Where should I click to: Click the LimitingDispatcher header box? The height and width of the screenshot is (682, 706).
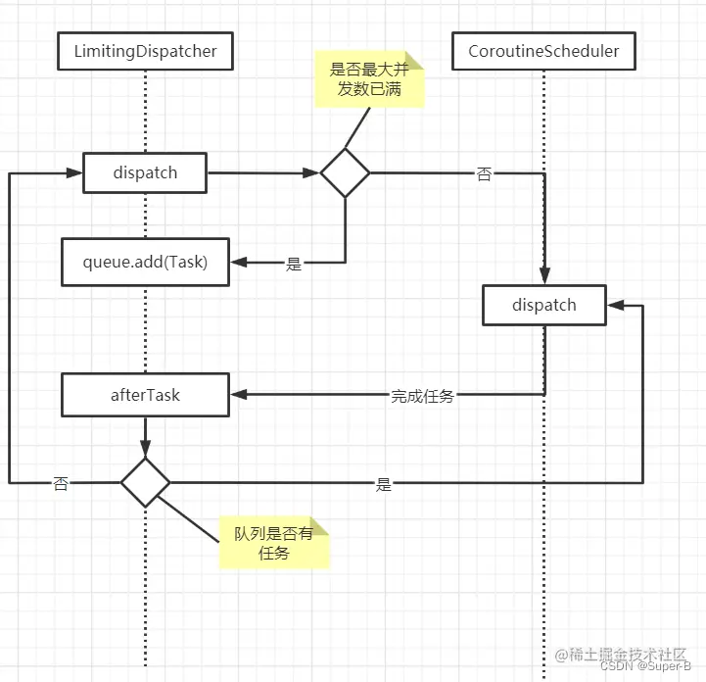point(145,52)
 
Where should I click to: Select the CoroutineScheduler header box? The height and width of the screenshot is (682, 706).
point(543,52)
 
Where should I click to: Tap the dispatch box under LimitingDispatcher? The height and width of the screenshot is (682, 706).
point(144,173)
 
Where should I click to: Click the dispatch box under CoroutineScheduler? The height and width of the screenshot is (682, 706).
point(543,305)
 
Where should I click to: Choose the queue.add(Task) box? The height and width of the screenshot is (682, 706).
point(145,262)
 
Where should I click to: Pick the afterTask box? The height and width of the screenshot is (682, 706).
point(145,395)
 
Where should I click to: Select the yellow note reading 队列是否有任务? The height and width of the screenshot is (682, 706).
point(274,543)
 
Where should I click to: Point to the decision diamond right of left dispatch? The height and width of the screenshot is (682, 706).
point(345,173)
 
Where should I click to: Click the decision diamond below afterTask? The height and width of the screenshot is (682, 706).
point(145,482)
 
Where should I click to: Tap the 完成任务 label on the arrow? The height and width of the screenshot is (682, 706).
point(422,397)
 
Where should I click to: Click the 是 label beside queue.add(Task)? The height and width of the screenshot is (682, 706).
point(293,264)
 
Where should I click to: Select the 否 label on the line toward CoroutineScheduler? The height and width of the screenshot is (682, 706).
point(484,174)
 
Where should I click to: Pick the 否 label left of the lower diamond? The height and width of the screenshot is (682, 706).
point(61,483)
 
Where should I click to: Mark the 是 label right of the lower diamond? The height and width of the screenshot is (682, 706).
point(383,484)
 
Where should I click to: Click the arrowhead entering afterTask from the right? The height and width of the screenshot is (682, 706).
point(237,395)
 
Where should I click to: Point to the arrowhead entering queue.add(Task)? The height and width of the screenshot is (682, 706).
point(237,262)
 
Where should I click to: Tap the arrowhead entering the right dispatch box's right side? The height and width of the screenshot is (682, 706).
point(613,305)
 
